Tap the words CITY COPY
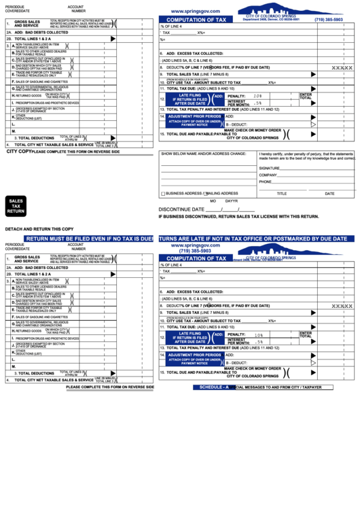[x=19, y=152]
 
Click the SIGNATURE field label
[x=269, y=168]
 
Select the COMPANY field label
[x=268, y=175]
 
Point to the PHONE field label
[x=265, y=182]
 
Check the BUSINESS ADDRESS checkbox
[x=162, y=194]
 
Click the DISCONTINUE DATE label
[x=181, y=209]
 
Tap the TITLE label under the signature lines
[x=281, y=194]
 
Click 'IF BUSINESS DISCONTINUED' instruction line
[x=238, y=217]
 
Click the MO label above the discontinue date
[x=213, y=201]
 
